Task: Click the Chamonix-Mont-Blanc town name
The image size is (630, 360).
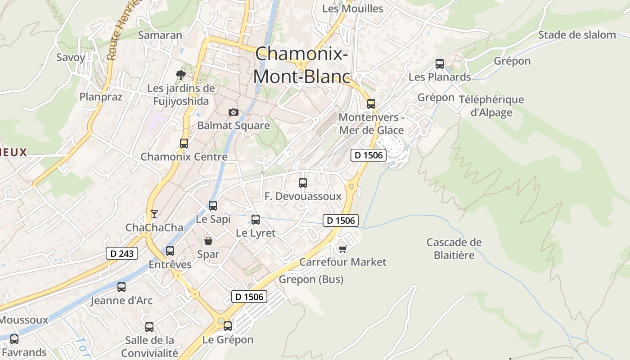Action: (x=301, y=66)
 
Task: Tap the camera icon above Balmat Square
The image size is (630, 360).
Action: (x=233, y=112)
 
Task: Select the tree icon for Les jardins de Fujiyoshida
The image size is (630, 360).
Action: (x=181, y=75)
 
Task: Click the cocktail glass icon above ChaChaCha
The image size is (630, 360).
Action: (x=154, y=214)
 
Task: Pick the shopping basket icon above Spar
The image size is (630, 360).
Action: (x=208, y=241)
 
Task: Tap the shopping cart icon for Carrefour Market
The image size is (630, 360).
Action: (x=342, y=248)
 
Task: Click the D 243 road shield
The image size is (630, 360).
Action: (x=122, y=253)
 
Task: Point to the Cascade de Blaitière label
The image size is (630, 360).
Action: (x=454, y=249)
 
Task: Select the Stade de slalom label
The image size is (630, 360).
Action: (x=577, y=35)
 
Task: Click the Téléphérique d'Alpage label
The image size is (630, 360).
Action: (x=491, y=106)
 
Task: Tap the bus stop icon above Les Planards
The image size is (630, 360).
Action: (x=440, y=64)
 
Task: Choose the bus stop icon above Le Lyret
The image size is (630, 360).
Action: (x=256, y=220)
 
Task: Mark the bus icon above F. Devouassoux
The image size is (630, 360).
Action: (x=303, y=183)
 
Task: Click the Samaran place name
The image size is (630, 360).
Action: (x=160, y=35)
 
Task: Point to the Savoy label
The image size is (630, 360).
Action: (x=71, y=57)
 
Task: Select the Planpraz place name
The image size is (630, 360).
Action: (x=101, y=97)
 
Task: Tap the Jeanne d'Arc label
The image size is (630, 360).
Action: (x=122, y=300)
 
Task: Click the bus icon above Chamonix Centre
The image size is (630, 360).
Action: (x=184, y=144)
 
